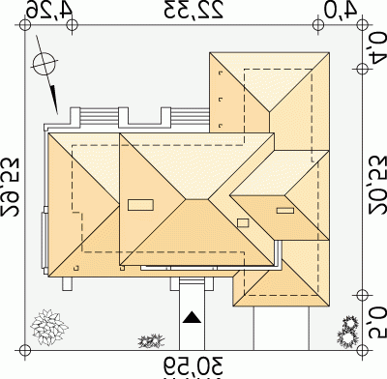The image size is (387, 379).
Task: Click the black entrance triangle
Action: coord(192,318)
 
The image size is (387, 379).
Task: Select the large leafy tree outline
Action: coord(48,326)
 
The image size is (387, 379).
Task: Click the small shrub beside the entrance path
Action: coord(151,341)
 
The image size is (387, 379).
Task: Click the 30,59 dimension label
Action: coord(193,365)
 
